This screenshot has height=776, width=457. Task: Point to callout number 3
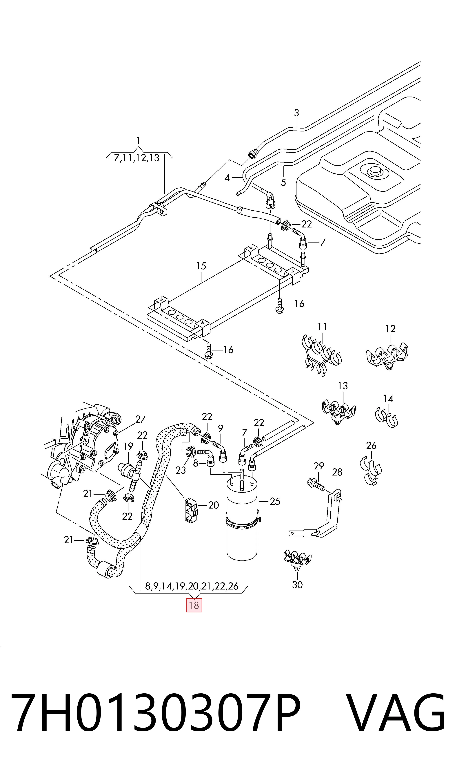pos(296,113)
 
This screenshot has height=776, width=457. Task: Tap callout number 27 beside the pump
pos(140,419)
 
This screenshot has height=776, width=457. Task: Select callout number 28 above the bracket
pos(337,472)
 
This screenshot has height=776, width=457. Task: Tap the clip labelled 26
pos(371,472)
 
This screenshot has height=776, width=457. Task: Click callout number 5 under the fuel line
pos(283,182)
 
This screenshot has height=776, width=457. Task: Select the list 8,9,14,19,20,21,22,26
pos(192,586)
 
